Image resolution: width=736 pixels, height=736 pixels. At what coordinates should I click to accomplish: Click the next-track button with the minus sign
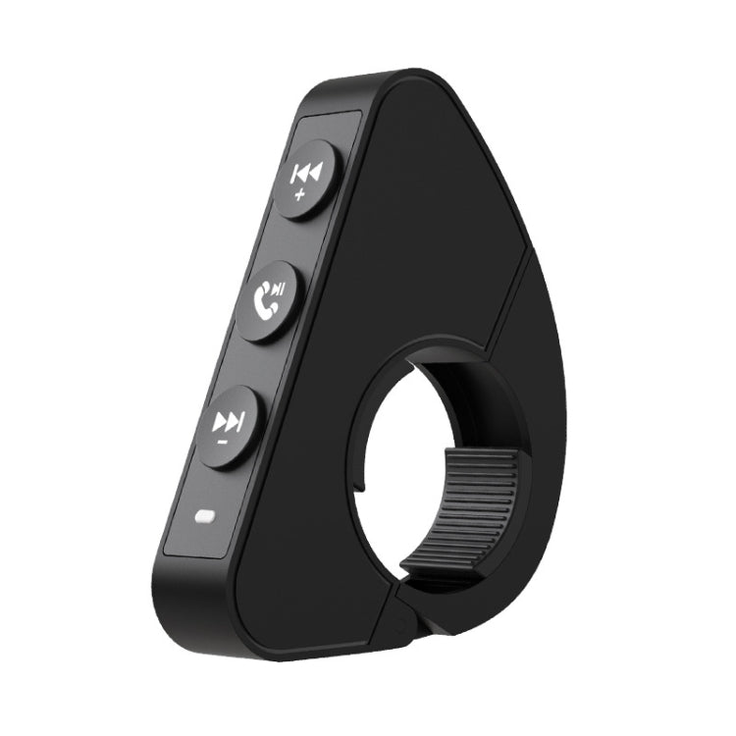(229, 426)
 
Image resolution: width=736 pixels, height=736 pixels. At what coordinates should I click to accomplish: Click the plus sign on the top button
(299, 194)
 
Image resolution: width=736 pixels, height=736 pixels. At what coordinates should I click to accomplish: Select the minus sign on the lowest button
(223, 443)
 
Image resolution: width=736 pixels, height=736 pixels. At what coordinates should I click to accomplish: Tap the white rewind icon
(306, 174)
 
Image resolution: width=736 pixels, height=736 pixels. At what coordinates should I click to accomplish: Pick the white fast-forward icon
(229, 422)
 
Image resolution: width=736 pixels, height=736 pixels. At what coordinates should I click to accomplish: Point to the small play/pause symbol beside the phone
(280, 289)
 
